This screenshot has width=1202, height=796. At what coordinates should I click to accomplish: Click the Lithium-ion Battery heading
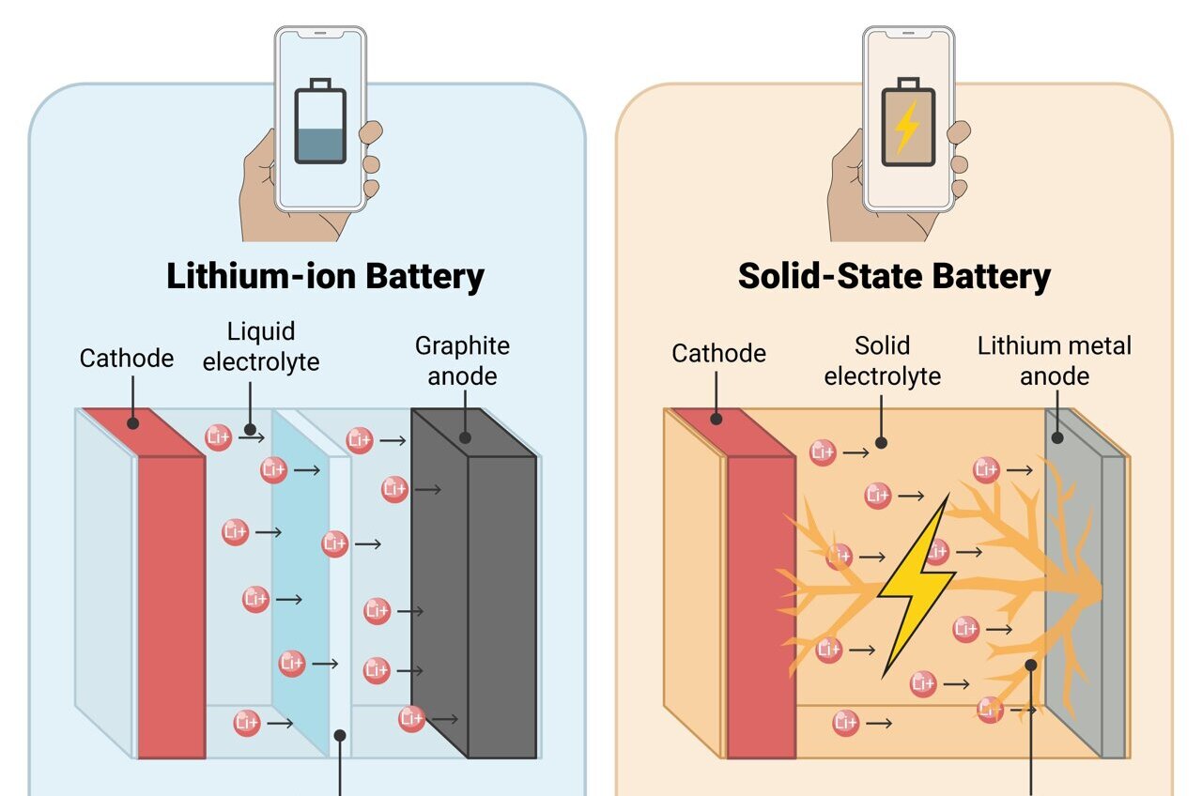(x=325, y=277)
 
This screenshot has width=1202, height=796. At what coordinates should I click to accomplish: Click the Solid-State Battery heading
(x=894, y=277)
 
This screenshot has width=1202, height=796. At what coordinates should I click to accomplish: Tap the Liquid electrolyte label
(x=261, y=346)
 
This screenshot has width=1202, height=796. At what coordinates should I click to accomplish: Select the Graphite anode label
(x=462, y=361)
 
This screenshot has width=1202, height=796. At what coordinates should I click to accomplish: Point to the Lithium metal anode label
(x=1055, y=361)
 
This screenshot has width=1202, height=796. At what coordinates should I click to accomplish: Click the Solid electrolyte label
(x=882, y=361)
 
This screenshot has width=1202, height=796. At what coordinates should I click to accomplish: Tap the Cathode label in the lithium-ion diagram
(x=127, y=359)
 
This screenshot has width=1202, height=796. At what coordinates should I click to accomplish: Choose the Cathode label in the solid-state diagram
(x=718, y=354)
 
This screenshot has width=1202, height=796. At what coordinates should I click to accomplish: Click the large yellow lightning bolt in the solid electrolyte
(x=916, y=586)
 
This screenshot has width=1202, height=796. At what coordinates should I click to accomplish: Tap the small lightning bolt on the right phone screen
(x=907, y=128)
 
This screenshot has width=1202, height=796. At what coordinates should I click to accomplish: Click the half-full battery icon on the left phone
(x=320, y=121)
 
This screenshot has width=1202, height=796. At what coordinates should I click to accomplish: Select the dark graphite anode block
(x=474, y=583)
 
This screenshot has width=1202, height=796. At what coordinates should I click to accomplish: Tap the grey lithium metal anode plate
(x=1084, y=583)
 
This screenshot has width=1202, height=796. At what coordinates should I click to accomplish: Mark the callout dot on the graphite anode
(x=465, y=437)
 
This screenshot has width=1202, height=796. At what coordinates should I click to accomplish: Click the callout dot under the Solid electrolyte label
(x=881, y=443)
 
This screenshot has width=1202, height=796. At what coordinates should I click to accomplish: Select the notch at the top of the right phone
(x=908, y=33)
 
